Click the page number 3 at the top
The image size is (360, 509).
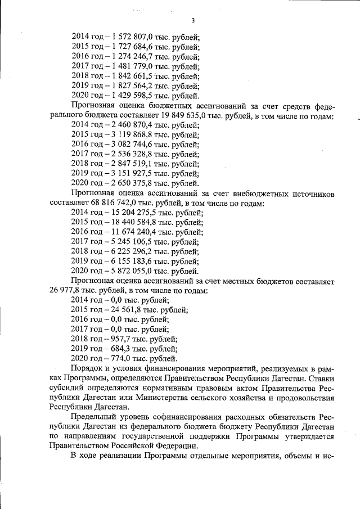point(192,21)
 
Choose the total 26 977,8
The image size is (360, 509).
point(70,291)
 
